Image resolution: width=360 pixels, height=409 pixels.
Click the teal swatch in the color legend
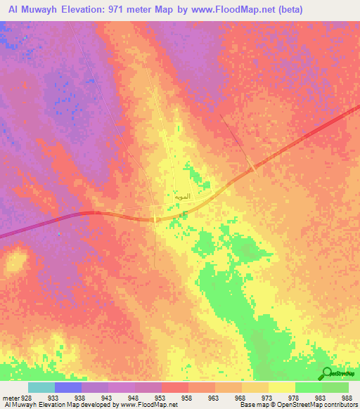[41, 387]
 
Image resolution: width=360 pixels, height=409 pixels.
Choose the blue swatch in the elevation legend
[68, 387]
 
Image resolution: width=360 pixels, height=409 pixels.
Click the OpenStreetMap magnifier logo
[326, 373]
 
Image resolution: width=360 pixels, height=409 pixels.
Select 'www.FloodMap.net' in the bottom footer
[149, 405]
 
